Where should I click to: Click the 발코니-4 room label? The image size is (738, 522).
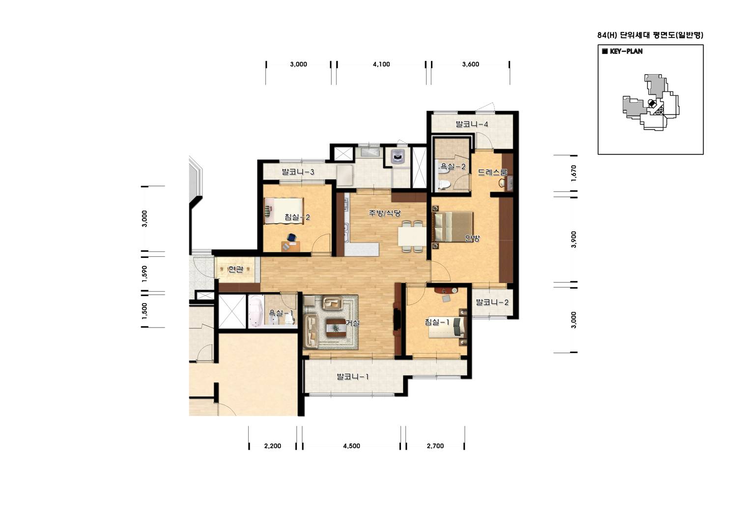pos(472,124)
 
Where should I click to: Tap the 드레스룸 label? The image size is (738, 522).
pos(492,172)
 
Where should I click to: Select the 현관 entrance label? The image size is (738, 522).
pos(236,269)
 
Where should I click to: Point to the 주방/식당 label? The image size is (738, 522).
pos(385,213)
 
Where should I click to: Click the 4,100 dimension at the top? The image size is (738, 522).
pos(381,64)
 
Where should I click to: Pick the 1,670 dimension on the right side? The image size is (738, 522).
pos(574,173)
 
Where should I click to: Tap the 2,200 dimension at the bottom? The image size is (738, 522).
pos(273,446)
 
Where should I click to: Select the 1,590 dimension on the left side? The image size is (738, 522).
pos(144,274)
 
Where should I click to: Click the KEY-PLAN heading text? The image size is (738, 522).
pos(626,52)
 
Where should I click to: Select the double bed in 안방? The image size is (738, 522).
pos(454,226)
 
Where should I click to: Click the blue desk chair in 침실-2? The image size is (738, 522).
pos(291,238)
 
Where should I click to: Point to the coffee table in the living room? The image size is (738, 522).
pos(336,329)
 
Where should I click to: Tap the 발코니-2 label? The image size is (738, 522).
pos(492,302)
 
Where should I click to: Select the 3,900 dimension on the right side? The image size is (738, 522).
pos(574,240)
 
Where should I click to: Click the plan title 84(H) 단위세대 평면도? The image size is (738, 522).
pos(650,35)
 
